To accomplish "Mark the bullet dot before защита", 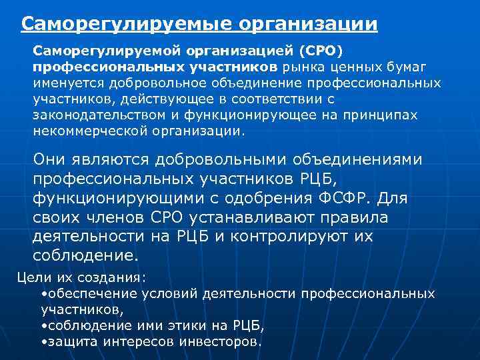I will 43,341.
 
